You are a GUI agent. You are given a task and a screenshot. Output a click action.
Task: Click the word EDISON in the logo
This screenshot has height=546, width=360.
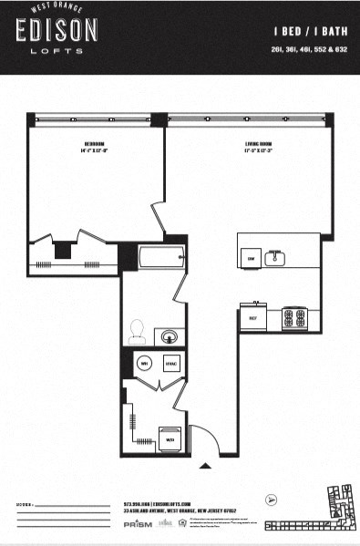coord(56,32)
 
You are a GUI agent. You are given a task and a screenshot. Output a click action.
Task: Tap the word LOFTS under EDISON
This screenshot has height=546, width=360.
coord(56,51)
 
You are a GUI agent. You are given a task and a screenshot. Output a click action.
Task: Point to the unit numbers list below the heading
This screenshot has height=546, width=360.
coord(314,50)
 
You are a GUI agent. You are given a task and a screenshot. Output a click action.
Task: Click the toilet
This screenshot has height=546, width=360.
coord(139,329)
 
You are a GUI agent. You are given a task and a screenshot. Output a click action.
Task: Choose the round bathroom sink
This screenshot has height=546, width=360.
coord(168,336)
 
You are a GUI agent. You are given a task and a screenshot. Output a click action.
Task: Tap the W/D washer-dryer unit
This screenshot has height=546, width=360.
coord(170,438)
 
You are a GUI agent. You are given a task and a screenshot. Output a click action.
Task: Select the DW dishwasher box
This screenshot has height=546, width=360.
coord(251,259)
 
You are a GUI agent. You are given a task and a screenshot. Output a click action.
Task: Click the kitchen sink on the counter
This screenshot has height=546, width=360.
coord(275,259)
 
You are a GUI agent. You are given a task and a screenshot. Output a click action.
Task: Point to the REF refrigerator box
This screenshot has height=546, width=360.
coord(252,317)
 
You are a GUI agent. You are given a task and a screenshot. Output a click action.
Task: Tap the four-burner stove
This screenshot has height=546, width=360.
coord(293,317)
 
